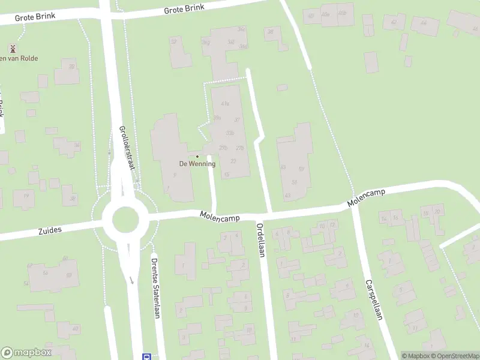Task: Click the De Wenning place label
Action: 197,164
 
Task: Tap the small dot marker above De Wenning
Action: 197,157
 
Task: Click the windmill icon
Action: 12,48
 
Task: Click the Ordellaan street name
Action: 260,241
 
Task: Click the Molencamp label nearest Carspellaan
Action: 366,198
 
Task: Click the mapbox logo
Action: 26,353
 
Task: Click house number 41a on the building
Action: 225,104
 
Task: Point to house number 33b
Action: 230,133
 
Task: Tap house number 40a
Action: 326,14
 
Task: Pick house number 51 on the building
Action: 294,182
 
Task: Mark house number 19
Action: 25,196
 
